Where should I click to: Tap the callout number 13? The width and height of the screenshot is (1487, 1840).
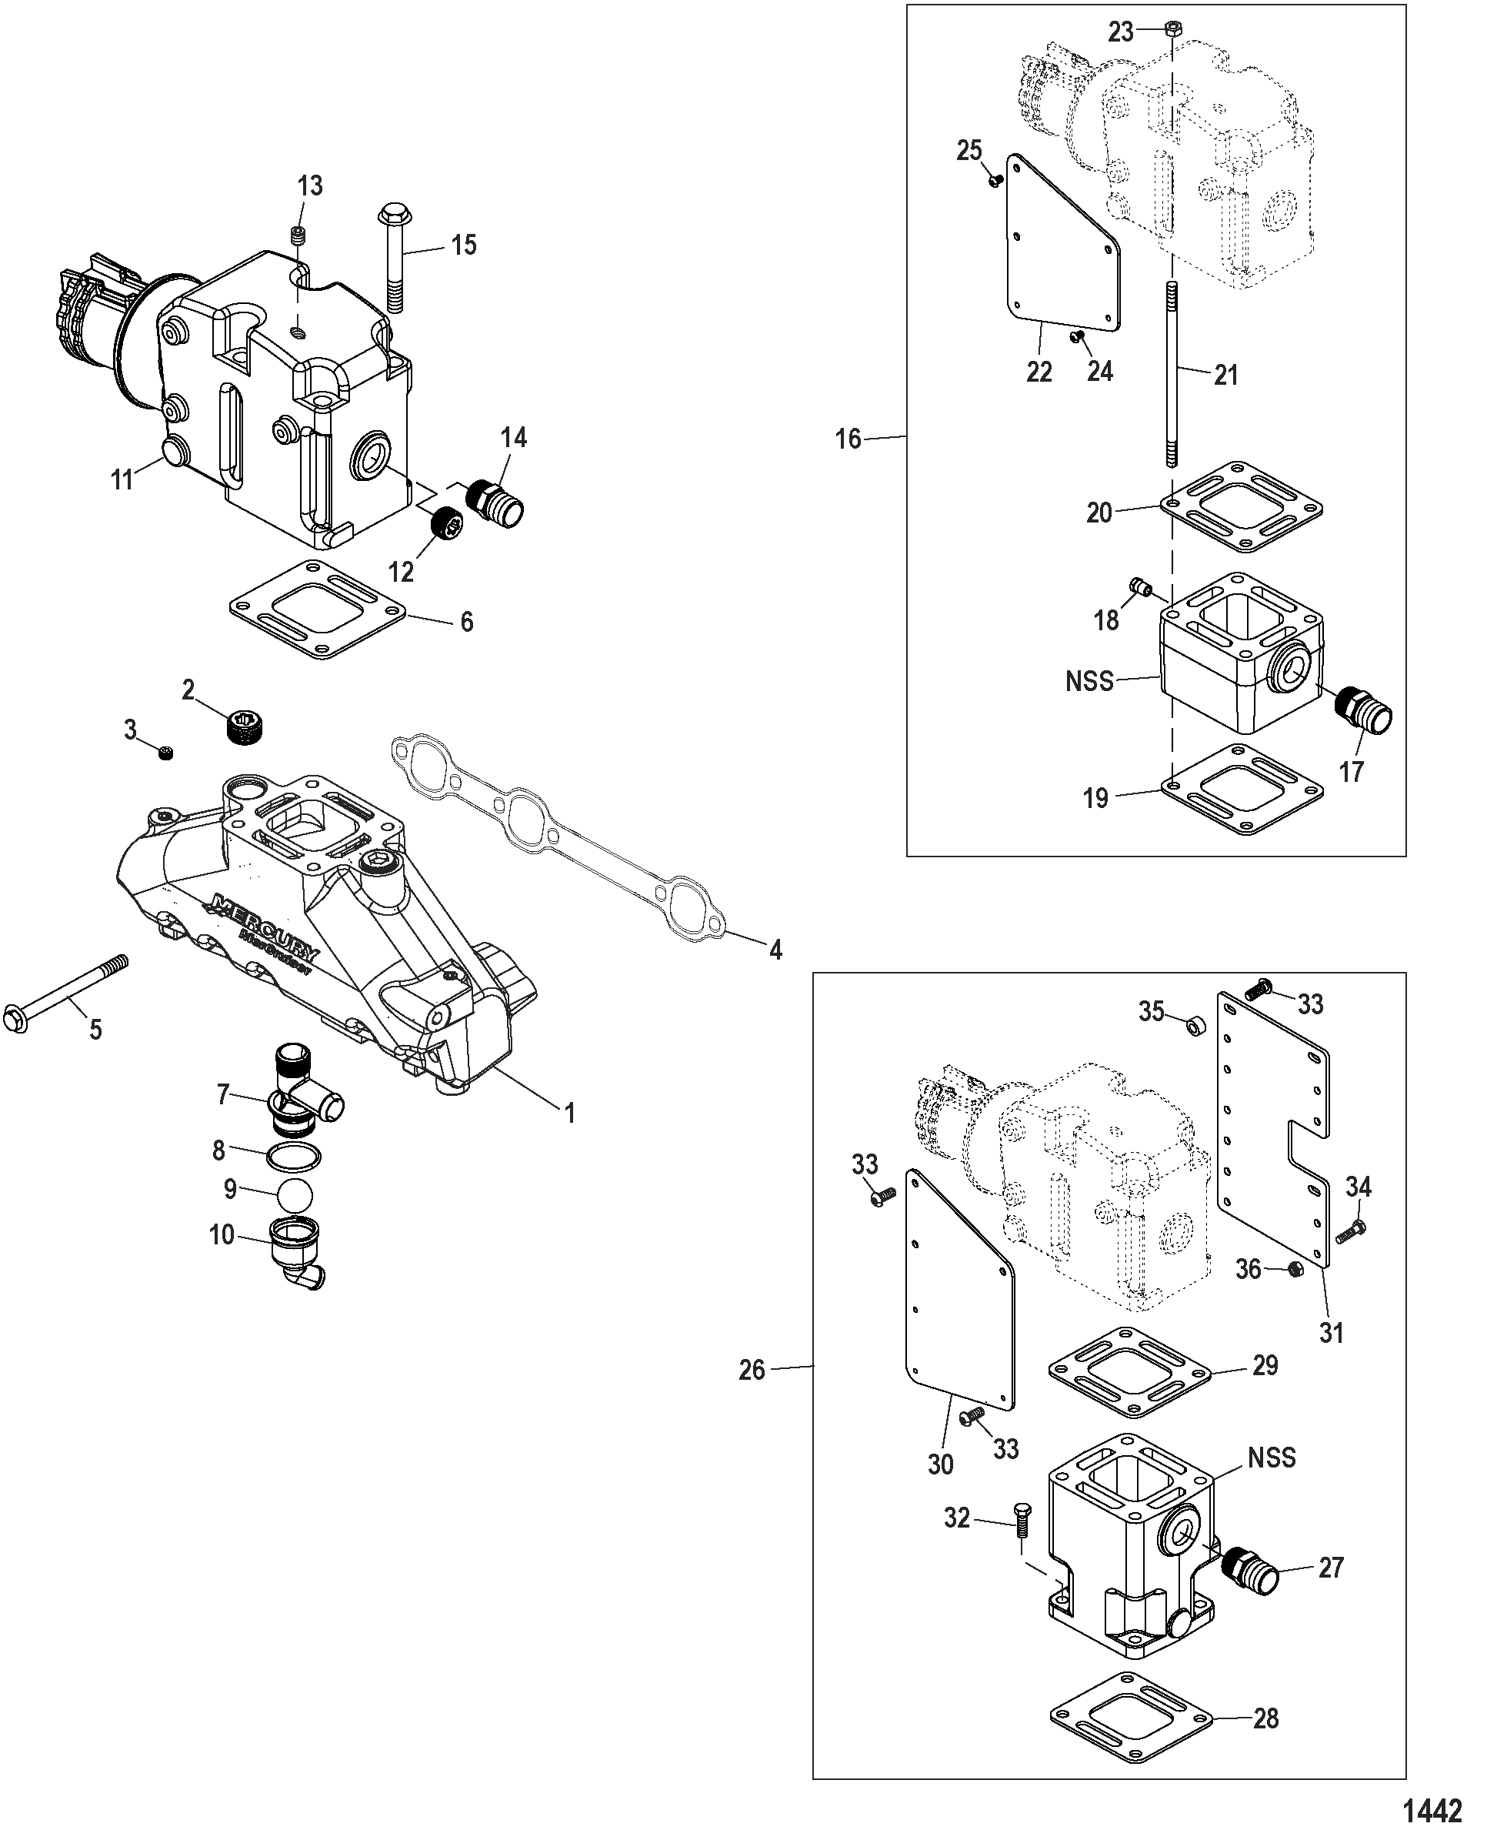click(x=309, y=185)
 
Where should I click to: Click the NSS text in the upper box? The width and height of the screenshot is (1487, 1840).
click(x=1089, y=681)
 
